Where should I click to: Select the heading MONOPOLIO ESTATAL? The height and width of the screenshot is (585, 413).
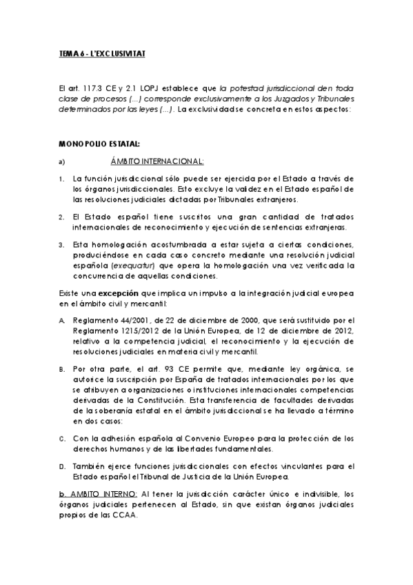[x=99, y=143]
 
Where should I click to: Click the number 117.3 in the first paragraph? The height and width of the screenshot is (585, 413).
[x=89, y=89]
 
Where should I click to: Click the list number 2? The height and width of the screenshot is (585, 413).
[x=61, y=216]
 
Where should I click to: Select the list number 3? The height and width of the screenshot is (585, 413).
[x=61, y=244]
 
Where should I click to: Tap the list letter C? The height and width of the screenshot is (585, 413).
[x=61, y=438]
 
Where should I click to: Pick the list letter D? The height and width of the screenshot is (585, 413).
[x=61, y=466]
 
